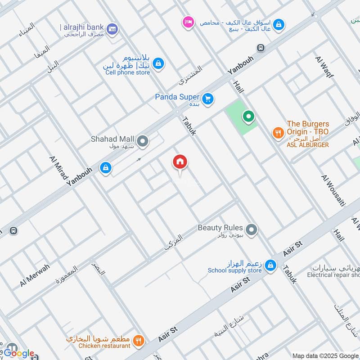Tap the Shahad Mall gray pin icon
[x=143, y=142]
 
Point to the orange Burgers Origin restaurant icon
[x=278, y=133]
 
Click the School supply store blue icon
[x=270, y=266]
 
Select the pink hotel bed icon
[x=188, y=22]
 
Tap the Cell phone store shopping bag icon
[x=158, y=65]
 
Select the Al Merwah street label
[x=35, y=275]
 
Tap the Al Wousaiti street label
[x=333, y=190]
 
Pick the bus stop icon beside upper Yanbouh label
[x=260, y=48]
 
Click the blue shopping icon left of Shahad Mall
[x=105, y=167]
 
